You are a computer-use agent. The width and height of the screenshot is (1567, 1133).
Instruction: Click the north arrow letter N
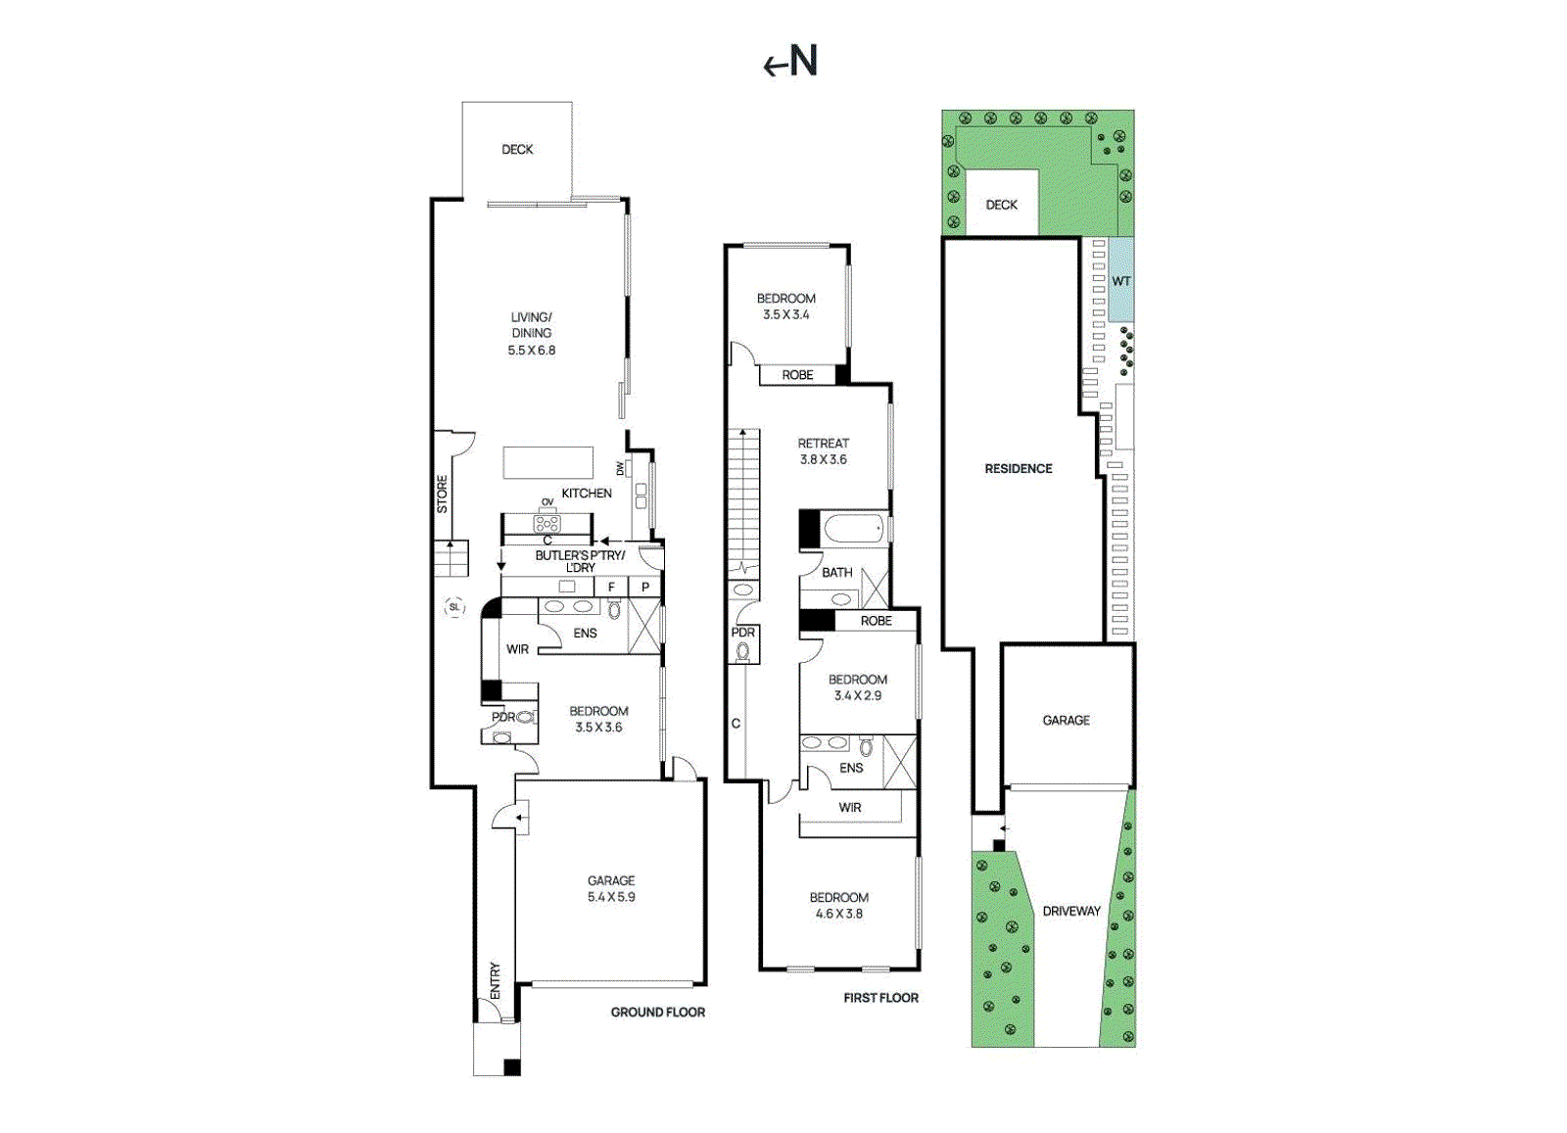coord(804,62)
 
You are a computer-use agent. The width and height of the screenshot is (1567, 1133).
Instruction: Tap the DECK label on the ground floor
coord(517,150)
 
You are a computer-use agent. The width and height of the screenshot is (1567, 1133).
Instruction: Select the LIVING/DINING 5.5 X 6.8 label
coord(531,333)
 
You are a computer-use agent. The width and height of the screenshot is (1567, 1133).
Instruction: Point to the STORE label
coord(442,494)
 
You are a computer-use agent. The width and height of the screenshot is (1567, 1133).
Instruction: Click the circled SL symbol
coord(453,607)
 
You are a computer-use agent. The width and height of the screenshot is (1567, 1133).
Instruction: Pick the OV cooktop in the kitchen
coord(546,522)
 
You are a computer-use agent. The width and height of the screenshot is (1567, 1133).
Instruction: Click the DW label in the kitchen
coord(620,469)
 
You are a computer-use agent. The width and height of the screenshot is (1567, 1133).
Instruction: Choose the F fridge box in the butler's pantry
coord(611,588)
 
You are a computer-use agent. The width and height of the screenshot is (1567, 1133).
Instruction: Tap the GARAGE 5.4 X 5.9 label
coord(611,888)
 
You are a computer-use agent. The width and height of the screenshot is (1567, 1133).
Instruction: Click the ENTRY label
coord(495,980)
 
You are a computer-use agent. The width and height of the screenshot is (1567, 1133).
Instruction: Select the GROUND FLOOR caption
coord(657,1013)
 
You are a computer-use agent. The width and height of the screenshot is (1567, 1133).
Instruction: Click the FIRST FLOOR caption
coord(880,998)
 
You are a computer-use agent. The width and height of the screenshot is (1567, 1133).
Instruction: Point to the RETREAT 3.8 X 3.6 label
coord(823,450)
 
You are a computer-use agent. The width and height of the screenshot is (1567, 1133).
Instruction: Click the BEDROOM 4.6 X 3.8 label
coord(838,905)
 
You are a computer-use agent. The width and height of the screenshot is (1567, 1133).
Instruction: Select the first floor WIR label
coord(850,808)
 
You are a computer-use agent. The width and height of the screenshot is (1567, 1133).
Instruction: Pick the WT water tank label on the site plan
coord(1120,281)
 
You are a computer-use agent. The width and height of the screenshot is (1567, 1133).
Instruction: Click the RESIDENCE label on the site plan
coord(1019,469)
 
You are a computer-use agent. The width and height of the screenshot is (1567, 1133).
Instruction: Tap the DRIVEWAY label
coord(1071,911)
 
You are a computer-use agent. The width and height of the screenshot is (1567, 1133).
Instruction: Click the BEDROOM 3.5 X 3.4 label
coord(785,306)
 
